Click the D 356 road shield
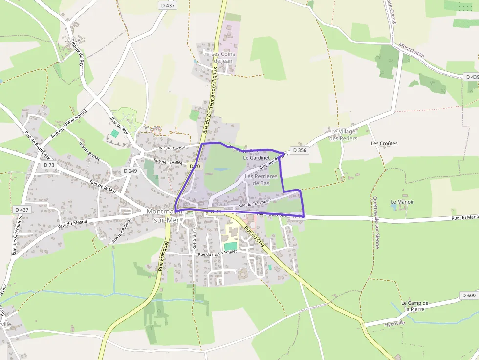pyautogui.click(x=300, y=150)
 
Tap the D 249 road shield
pyautogui.click(x=130, y=171)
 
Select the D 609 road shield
pyautogui.click(x=468, y=296)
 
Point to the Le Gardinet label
pyautogui.click(x=256, y=158)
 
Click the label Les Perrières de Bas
pyautogui.click(x=261, y=180)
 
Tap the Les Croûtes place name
pyautogui.click(x=384, y=144)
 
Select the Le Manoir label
pyautogui.click(x=402, y=202)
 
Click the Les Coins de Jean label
pyautogui.click(x=223, y=57)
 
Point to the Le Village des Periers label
pyautogui.click(x=344, y=135)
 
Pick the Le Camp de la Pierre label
pyautogui.click(x=414, y=306)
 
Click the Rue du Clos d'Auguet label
pyautogui.click(x=217, y=253)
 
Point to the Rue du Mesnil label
pyautogui.click(x=72, y=224)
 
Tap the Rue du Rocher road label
pyautogui.click(x=172, y=148)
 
